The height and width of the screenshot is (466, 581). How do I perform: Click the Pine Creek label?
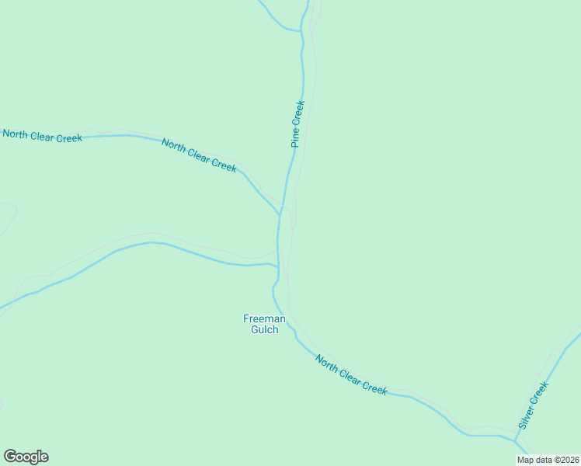(297, 123)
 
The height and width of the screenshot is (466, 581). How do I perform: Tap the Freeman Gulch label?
(264, 324)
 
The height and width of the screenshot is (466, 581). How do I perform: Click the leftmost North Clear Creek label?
(42, 136)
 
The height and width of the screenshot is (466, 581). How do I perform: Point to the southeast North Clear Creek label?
(351, 374)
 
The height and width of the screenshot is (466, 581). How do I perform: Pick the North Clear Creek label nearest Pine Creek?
(198, 155)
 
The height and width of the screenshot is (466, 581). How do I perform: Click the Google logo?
(26, 457)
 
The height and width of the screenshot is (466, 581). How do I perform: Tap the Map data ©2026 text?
(548, 460)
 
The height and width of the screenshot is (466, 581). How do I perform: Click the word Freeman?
(264, 318)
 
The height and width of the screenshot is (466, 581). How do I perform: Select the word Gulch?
(264, 330)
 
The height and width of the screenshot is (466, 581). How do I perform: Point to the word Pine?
(295, 138)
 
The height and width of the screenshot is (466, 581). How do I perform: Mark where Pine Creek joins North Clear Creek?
(280, 215)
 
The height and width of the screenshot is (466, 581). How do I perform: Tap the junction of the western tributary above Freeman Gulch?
(277, 267)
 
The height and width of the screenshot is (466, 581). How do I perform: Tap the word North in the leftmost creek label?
(16, 134)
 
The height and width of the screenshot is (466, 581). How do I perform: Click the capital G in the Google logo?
(10, 456)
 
